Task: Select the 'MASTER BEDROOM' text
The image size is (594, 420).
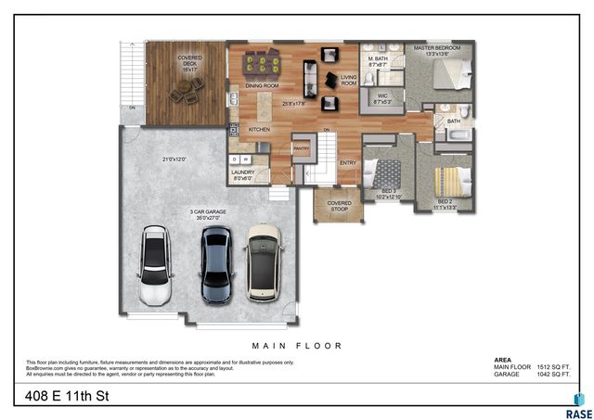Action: coord(436,49)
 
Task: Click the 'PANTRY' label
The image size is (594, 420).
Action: coord(301,148)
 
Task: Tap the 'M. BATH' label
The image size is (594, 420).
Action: coord(377,61)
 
